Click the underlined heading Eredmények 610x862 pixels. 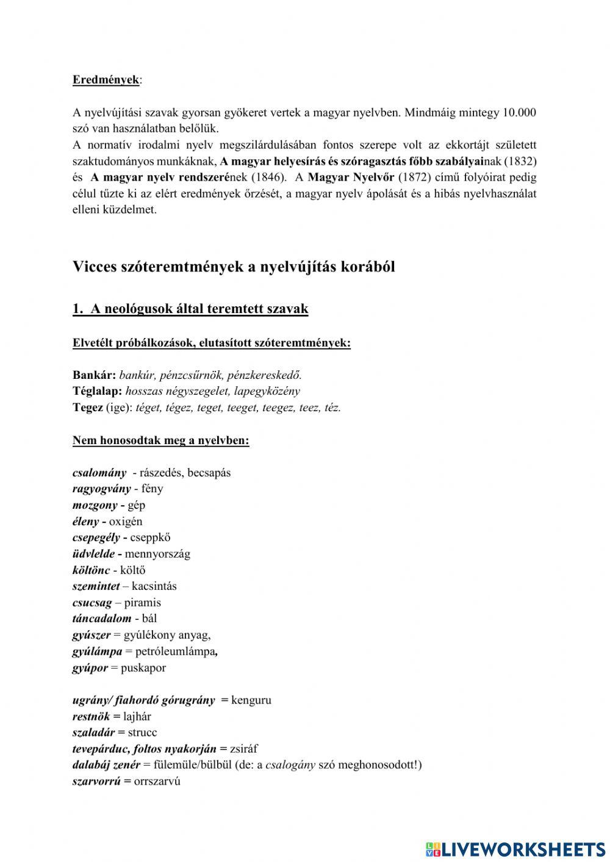pos(106,80)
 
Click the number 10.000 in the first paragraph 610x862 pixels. pos(518,113)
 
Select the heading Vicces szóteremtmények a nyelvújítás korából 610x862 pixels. pos(234,267)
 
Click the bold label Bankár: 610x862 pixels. pos(94,375)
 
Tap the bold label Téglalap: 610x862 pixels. pos(98,391)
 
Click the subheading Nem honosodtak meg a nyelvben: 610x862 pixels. pos(161,440)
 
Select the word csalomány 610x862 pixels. pos(99,473)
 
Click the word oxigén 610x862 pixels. pos(126,522)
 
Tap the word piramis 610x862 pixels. pos(143,603)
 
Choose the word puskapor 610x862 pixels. pos(143,667)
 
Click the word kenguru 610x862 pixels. pos(251,700)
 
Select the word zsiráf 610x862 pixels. pos(243,749)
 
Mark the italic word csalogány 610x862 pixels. pos(290,765)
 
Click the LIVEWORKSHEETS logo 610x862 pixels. pos(515,849)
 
